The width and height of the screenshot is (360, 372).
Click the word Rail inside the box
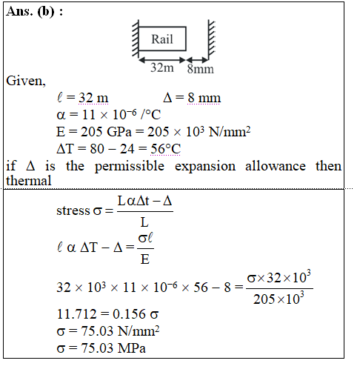tap(162, 39)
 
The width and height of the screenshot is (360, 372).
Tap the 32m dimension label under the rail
tap(162, 67)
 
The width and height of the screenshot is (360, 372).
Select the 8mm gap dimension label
tap(200, 69)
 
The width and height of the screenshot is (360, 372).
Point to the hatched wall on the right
tap(211, 39)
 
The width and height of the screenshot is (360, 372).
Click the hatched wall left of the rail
tap(136, 39)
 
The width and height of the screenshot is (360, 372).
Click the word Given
tap(26, 81)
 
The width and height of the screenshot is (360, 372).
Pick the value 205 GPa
tap(106, 131)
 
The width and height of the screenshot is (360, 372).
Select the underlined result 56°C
tap(166, 149)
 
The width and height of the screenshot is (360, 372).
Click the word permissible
tap(130, 166)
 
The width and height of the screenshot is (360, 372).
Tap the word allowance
tap(276, 165)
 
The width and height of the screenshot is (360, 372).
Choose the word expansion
tap(205, 166)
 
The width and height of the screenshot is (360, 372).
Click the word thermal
tap(29, 181)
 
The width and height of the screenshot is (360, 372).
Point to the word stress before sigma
tap(73, 210)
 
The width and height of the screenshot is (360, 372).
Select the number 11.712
tap(76, 313)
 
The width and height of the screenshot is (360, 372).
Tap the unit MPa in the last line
tap(132, 348)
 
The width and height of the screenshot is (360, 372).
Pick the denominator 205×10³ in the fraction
tap(279, 298)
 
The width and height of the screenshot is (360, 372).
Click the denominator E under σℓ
tap(145, 259)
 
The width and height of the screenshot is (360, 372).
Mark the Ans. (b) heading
tap(34, 11)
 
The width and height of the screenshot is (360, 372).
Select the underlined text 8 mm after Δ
tap(204, 98)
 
